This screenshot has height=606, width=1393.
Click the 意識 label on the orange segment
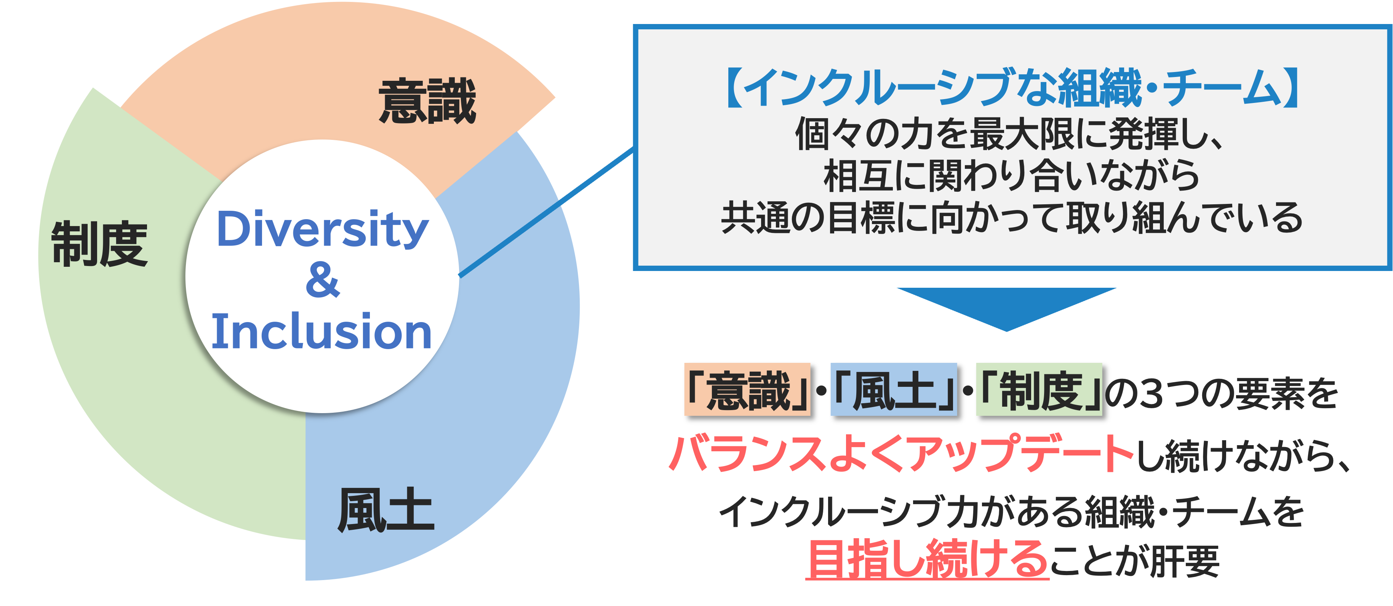click(x=427, y=101)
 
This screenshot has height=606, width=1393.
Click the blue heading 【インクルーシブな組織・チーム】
click(x=1011, y=88)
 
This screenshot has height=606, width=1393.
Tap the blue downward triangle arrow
click(x=1006, y=305)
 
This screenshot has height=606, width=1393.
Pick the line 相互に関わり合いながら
click(x=1011, y=176)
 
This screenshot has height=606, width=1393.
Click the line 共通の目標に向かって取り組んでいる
click(x=1011, y=218)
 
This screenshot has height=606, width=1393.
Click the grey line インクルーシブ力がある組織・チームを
click(x=1011, y=511)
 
